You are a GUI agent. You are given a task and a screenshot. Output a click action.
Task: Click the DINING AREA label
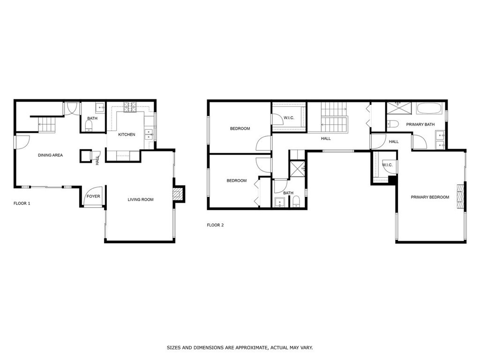tap(50, 155)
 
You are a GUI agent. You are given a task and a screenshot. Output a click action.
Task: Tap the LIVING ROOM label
tap(141, 200)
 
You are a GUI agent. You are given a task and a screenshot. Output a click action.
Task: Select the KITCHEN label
tap(127, 135)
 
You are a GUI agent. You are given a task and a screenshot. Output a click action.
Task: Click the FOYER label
tap(93, 196)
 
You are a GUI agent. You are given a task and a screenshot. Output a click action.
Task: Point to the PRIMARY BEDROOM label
tap(430, 197)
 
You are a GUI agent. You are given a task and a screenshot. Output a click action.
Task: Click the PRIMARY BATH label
tap(420, 125)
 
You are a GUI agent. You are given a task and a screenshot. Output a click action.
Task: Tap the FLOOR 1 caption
tap(22, 203)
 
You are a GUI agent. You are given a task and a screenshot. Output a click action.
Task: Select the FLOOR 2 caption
tap(215, 225)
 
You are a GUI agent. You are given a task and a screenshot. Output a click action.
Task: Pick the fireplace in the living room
tap(178, 194)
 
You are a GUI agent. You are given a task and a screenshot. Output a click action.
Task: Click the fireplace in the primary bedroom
tap(460, 197)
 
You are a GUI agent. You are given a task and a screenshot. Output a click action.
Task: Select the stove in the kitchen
tap(130, 108)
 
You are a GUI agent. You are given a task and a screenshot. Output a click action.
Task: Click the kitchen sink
tap(149, 134)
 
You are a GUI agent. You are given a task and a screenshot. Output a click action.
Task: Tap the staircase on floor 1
tap(47, 125)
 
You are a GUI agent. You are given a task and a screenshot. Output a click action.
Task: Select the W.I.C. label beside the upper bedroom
tap(289, 118)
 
